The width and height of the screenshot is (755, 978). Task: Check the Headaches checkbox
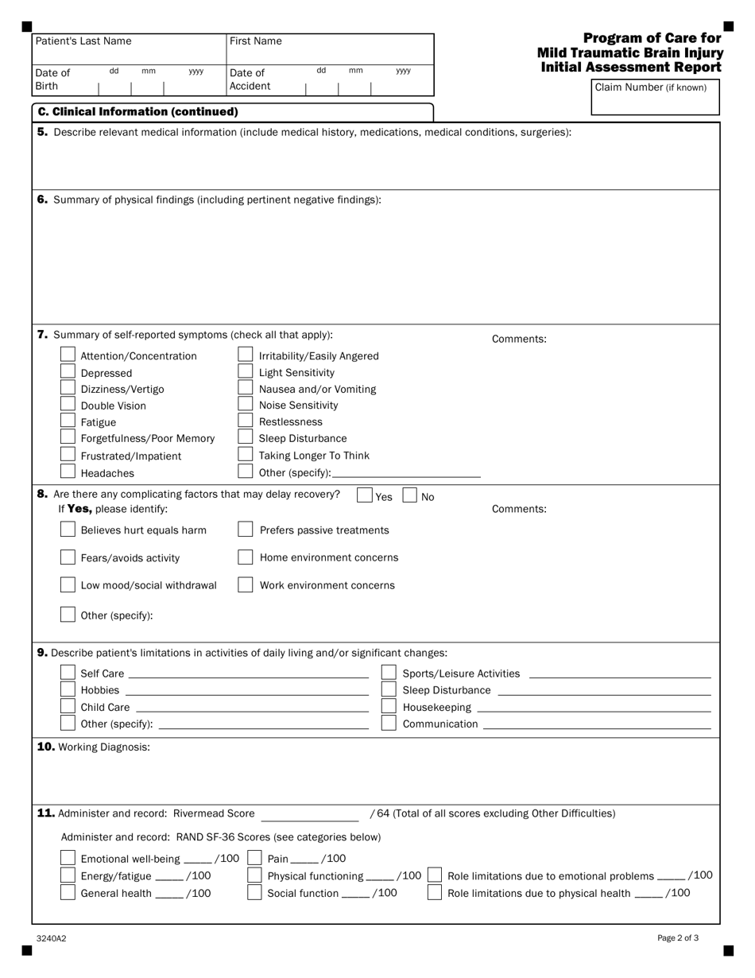pyautogui.click(x=68, y=472)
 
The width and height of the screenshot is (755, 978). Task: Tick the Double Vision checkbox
pyautogui.click(x=68, y=406)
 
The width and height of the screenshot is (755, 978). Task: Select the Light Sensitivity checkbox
pyautogui.click(x=246, y=372)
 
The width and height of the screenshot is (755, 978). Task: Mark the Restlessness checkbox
pyautogui.click(x=246, y=421)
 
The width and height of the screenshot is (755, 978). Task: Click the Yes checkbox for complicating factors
pyautogui.click(x=365, y=495)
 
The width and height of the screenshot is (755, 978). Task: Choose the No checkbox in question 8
pyautogui.click(x=410, y=495)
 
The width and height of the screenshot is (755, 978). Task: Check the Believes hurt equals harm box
pyautogui.click(x=68, y=530)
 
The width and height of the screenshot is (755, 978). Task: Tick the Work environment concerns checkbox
pyautogui.click(x=246, y=585)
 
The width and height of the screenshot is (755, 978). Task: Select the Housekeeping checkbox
pyautogui.click(x=389, y=707)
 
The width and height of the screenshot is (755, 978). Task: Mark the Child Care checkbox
pyautogui.click(x=68, y=707)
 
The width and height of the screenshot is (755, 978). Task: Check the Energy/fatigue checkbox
pyautogui.click(x=68, y=875)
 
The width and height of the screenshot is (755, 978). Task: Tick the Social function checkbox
pyautogui.click(x=255, y=893)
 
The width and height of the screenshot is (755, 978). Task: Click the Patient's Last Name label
pyautogui.click(x=83, y=41)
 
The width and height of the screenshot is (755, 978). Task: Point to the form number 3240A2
pyautogui.click(x=51, y=938)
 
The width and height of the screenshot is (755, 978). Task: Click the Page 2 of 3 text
pyautogui.click(x=678, y=938)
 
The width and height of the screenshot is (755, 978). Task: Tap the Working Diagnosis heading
pyautogui.click(x=94, y=747)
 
